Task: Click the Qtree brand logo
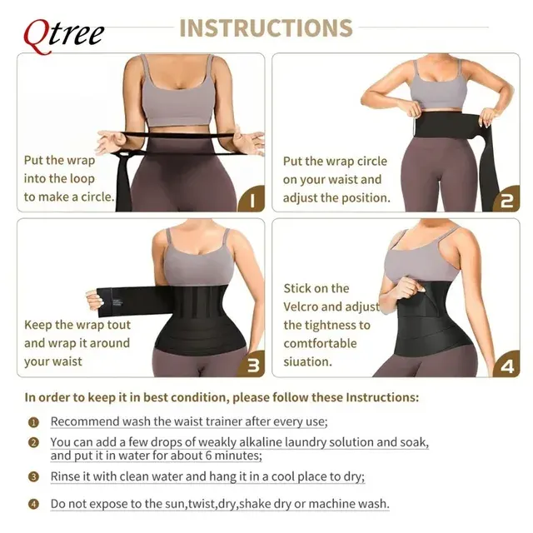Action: coord(63,35)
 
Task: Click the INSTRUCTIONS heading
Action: coord(266,27)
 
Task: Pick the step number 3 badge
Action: coord(252,364)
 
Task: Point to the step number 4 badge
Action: coord(507,364)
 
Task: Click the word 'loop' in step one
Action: coord(81,179)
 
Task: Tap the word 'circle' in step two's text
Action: coord(371,161)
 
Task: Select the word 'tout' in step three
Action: coord(118,325)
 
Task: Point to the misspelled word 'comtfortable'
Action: coord(320,343)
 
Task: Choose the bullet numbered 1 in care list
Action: coord(33,422)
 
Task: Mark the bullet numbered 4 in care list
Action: coord(33,504)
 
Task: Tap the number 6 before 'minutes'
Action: coord(209,456)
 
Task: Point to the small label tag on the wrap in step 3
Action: coord(117,302)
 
